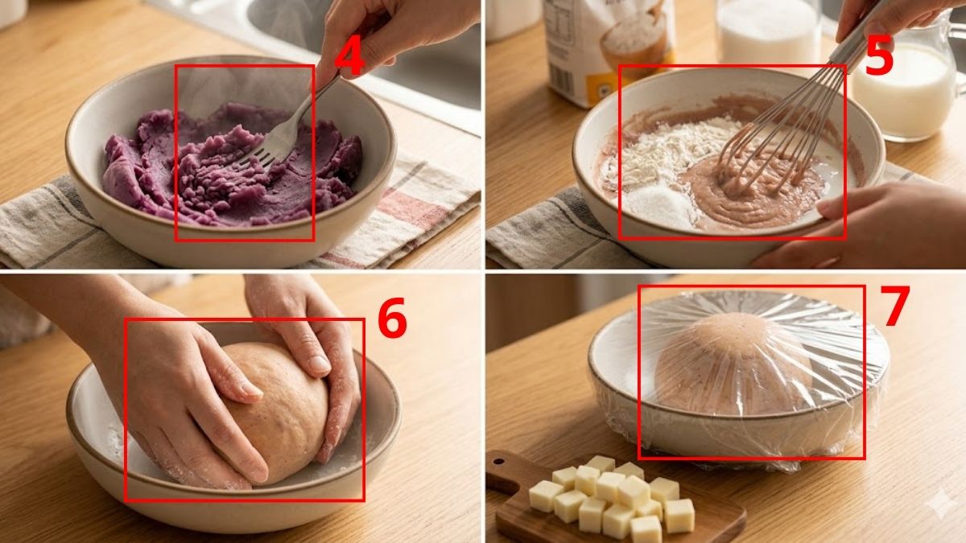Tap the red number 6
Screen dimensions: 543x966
(392, 320)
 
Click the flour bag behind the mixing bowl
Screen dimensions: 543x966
(604, 40)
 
